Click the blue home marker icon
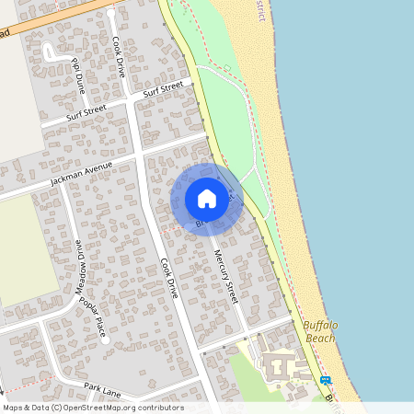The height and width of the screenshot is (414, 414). tap(207, 199)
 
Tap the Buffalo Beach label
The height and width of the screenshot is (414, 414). tap(320, 331)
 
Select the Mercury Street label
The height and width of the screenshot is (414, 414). tap(226, 277)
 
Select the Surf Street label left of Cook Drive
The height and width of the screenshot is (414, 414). tap(87, 112)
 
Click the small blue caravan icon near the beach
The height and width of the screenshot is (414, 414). tap(325, 380)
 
